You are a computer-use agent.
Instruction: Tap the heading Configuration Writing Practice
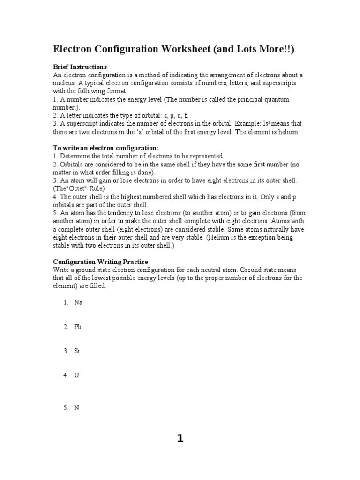100,262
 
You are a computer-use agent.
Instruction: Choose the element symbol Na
78,302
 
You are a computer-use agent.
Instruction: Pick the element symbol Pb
78,327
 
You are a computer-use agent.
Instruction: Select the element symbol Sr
77,351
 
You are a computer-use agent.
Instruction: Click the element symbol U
76,375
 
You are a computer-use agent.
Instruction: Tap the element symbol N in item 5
76,408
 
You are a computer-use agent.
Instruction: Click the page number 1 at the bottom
180,439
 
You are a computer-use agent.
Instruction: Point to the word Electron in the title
75,50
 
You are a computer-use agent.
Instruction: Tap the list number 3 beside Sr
66,351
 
